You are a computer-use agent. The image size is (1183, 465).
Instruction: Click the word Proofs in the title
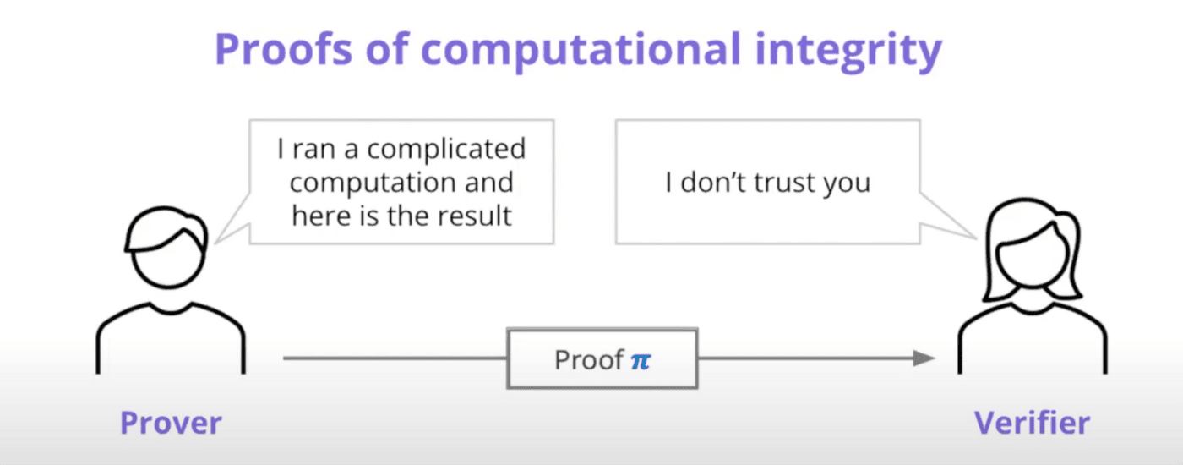(x=283, y=49)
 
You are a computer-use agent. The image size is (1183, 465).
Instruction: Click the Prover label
(x=171, y=423)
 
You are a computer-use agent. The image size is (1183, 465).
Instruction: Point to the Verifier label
(x=1032, y=423)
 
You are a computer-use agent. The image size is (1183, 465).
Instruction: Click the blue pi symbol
(x=641, y=361)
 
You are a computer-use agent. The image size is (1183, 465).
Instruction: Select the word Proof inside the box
(x=589, y=360)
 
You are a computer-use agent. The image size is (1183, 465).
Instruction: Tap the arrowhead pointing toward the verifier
(x=924, y=358)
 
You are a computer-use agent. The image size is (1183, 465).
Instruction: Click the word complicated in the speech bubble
(x=446, y=150)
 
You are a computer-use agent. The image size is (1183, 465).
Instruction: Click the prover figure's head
(x=167, y=247)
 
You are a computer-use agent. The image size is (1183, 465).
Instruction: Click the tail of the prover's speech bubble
(x=232, y=222)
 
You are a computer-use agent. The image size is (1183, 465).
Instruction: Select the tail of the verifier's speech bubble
(x=948, y=216)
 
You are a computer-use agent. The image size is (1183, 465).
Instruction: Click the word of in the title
(x=387, y=49)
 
